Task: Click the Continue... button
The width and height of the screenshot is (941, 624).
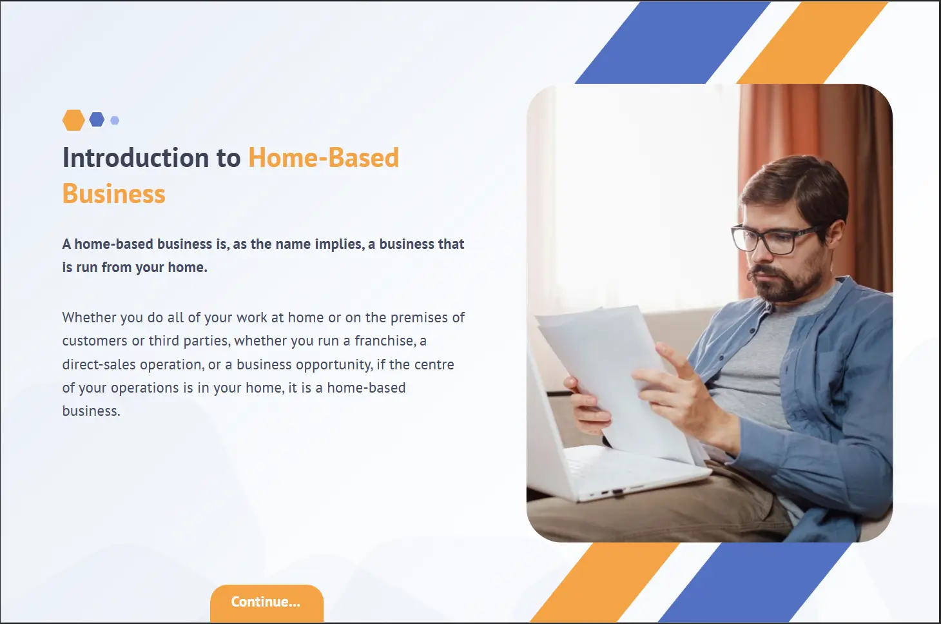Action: (x=267, y=603)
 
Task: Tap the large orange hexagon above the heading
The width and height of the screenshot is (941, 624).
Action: (x=73, y=120)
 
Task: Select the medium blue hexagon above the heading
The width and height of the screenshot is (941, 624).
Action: (x=97, y=119)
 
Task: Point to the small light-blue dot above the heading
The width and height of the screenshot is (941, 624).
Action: (x=115, y=121)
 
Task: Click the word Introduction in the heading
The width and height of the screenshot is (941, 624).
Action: (x=136, y=157)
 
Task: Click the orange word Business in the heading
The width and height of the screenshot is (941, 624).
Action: (x=114, y=194)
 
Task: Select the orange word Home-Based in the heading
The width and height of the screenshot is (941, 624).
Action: (x=324, y=157)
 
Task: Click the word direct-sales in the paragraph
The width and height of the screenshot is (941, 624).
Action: (x=99, y=364)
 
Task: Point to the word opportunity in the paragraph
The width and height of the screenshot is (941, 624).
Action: (x=334, y=365)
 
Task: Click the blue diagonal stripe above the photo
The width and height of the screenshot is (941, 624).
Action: (x=673, y=42)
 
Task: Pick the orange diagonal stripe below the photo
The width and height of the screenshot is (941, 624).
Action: (x=605, y=582)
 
